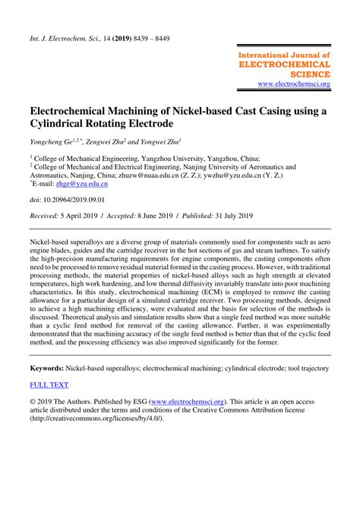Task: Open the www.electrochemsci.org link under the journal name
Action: click(x=294, y=84)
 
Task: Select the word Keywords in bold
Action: click(x=46, y=368)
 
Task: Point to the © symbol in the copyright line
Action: click(x=33, y=403)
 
